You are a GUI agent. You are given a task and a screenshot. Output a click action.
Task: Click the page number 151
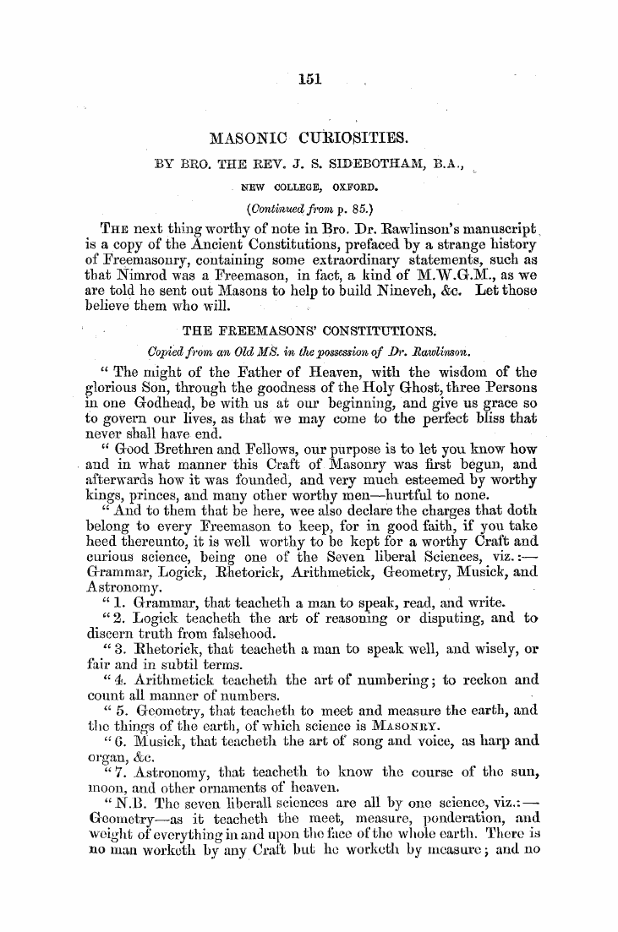tap(307, 80)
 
